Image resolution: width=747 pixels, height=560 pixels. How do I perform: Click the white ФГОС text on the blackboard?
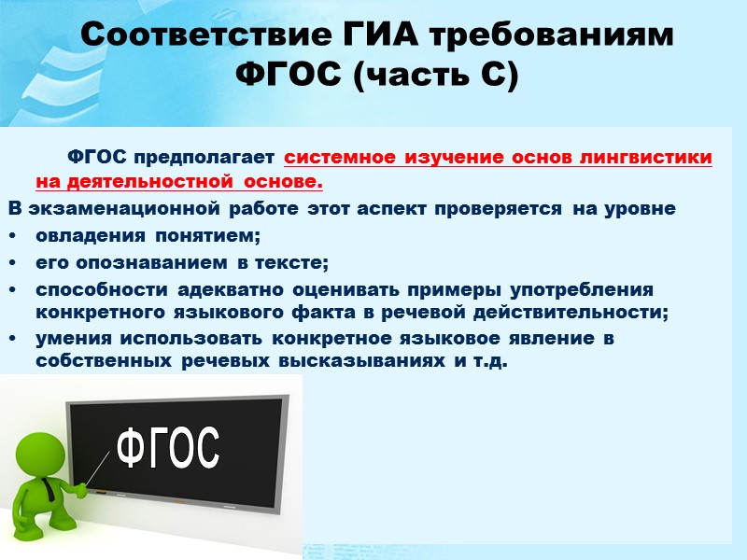(167, 448)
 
